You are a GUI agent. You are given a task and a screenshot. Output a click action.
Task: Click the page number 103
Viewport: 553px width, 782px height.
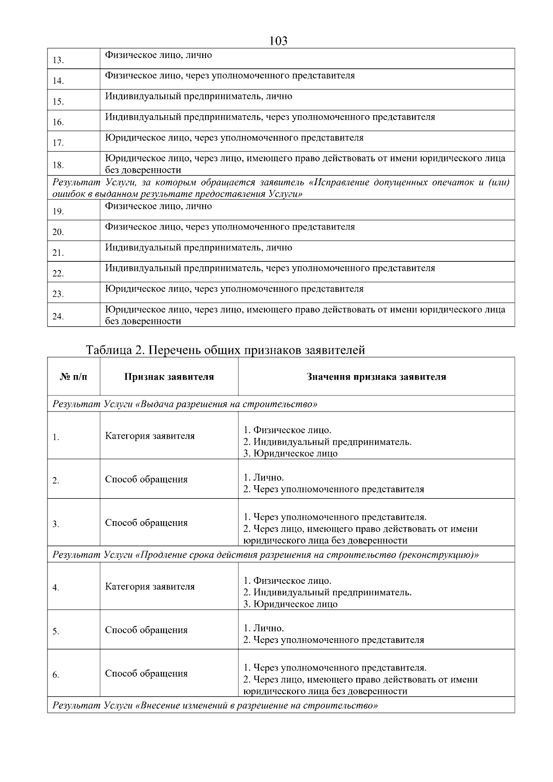tap(278, 41)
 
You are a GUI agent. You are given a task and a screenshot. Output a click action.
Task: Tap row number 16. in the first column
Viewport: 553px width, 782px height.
tap(58, 122)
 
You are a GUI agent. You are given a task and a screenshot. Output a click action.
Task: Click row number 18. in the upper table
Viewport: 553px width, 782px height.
tap(58, 165)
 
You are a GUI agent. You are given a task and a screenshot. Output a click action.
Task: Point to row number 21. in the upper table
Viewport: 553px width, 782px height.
tap(58, 253)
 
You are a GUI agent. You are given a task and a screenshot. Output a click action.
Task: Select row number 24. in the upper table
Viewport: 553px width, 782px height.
tap(58, 316)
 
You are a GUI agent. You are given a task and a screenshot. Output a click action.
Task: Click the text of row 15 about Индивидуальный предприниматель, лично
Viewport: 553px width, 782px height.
tap(198, 96)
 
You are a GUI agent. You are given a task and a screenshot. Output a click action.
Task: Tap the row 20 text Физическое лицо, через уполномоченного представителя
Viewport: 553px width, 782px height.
tap(229, 227)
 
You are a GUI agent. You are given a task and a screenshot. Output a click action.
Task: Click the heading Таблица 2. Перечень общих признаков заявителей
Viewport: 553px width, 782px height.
tap(225, 350)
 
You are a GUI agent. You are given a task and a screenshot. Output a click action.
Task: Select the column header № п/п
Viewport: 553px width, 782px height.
tap(73, 377)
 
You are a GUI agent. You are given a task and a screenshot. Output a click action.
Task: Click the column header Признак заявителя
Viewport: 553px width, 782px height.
tap(169, 377)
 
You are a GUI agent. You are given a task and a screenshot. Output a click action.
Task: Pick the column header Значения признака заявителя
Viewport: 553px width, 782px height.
tap(376, 377)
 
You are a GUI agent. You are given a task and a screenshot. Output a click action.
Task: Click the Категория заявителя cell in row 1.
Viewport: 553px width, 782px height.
tap(150, 436)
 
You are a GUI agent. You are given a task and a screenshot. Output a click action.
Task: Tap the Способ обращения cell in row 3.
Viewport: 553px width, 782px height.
tap(146, 523)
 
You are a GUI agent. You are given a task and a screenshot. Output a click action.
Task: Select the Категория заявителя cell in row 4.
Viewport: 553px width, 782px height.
tap(150, 587)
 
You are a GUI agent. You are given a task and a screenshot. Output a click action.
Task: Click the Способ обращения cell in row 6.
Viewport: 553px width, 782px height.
tap(146, 673)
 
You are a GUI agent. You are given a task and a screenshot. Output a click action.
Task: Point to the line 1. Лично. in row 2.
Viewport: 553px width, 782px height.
tap(264, 477)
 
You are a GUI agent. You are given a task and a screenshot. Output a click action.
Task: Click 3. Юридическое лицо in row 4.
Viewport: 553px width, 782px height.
tap(290, 604)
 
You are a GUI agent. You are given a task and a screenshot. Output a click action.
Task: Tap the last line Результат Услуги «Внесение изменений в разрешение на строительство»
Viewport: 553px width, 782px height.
tap(215, 706)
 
